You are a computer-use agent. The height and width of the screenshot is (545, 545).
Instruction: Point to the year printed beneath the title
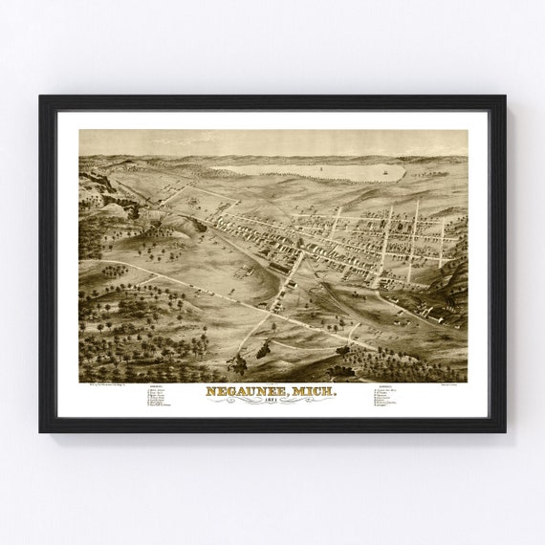click(272, 403)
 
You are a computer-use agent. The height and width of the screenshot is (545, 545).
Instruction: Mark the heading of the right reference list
click(388, 386)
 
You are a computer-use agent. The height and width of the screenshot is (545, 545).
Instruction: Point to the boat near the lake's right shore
click(384, 174)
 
